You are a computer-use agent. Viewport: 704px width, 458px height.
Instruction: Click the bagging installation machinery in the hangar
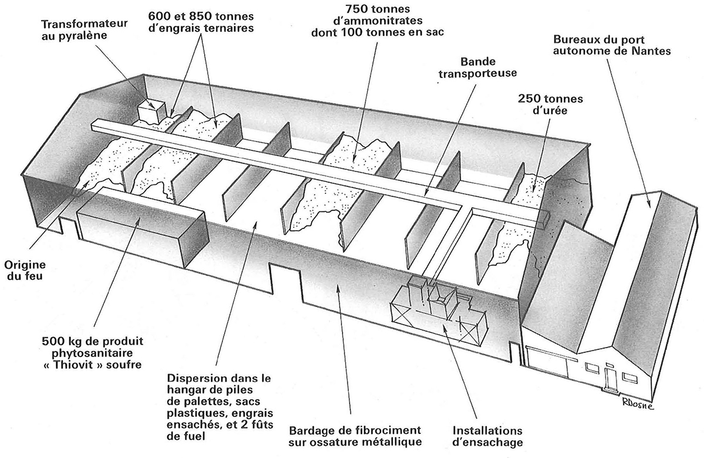click(437, 308)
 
